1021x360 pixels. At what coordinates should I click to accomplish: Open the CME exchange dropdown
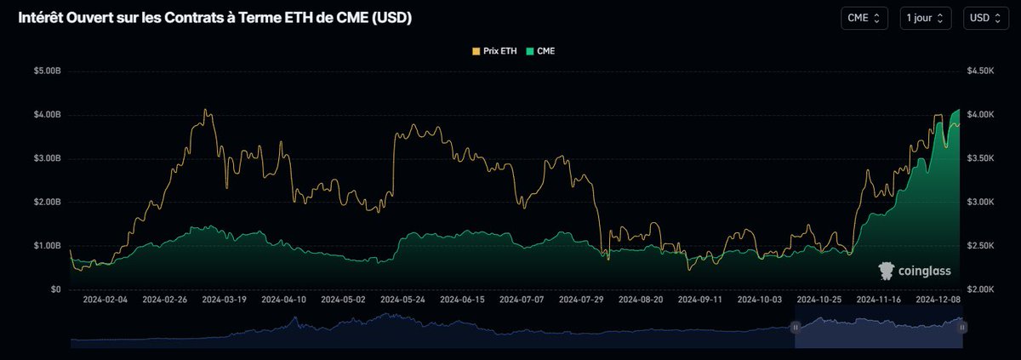[x=865, y=18]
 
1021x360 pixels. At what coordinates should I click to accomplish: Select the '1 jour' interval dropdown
[x=925, y=18]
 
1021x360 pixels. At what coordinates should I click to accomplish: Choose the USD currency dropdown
[x=986, y=18]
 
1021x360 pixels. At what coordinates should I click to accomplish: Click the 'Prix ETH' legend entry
[x=495, y=51]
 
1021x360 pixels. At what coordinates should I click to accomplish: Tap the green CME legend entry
[x=541, y=51]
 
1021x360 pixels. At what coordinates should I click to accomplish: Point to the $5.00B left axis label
[x=47, y=71]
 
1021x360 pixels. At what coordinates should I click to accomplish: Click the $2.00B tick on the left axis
[x=47, y=202]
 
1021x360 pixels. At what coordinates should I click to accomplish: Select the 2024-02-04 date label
[x=106, y=300]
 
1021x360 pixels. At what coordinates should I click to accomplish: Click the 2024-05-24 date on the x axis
[x=402, y=300]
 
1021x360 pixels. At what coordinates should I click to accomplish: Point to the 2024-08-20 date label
[x=641, y=300]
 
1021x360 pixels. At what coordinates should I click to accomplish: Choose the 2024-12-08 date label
[x=937, y=300]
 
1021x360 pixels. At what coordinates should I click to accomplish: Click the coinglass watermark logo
[x=915, y=271]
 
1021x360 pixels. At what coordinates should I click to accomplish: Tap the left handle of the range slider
[x=796, y=327]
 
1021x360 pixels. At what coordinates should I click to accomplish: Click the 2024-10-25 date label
[x=819, y=300]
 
